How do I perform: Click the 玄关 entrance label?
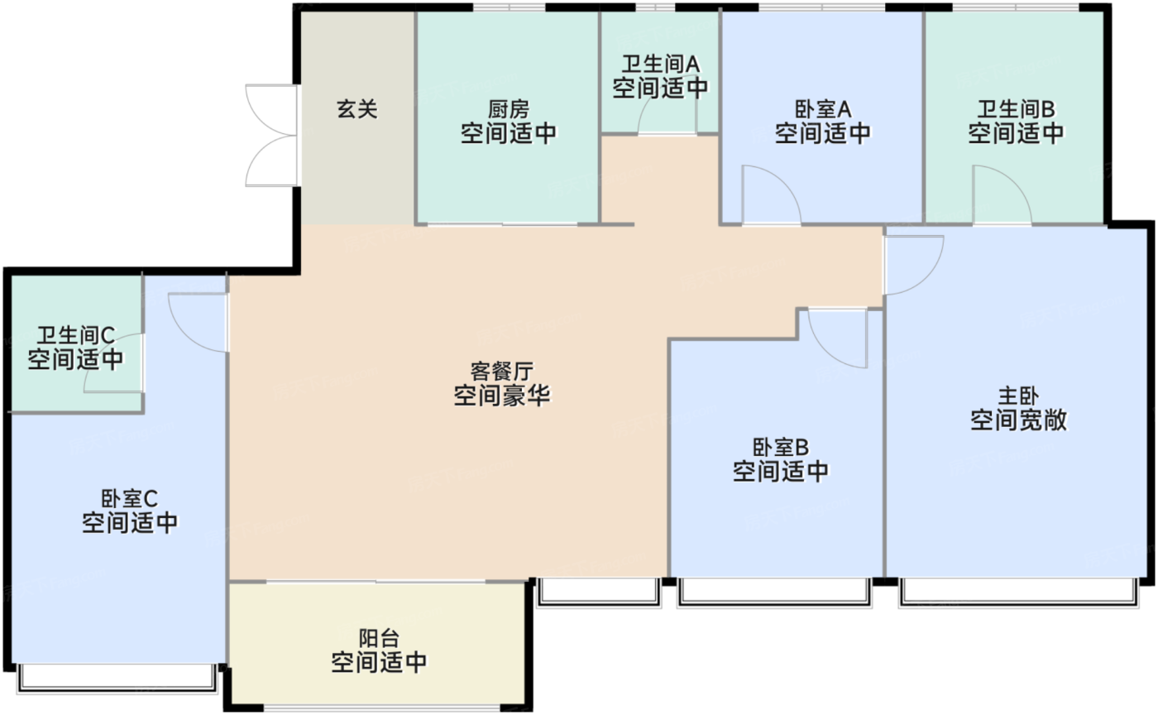point(356,108)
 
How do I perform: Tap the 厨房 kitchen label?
point(508,108)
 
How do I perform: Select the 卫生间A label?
point(660,63)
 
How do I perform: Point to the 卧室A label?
point(823,108)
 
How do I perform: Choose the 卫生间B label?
point(1016,108)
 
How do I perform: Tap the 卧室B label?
point(781,448)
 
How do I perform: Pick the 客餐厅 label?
point(502,370)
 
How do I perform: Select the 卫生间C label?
point(75,335)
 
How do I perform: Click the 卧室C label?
point(130,499)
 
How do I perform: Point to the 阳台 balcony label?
point(379,638)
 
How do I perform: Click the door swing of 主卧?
point(912,264)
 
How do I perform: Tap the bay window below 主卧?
point(1016,591)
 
